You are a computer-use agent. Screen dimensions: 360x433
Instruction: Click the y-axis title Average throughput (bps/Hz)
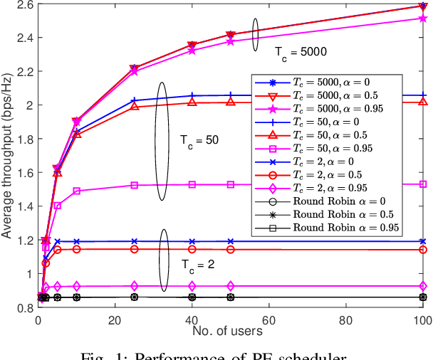[7, 157]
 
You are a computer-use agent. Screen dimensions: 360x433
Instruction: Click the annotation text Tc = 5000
[300, 52]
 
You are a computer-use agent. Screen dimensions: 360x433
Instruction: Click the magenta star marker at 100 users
[424, 18]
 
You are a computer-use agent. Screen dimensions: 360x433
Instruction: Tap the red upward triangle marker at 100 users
[424, 102]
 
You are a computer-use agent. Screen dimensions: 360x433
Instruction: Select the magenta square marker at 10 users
[77, 191]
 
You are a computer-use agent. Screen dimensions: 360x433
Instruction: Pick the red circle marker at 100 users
[424, 250]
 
